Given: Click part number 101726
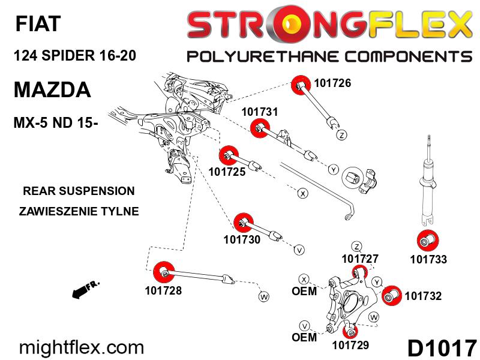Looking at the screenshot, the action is point(332,83).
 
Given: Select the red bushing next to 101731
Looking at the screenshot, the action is point(260,129).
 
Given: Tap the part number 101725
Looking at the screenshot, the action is point(227,172).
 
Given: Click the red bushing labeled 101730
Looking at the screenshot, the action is point(244,223).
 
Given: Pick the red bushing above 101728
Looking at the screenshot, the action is point(163,272).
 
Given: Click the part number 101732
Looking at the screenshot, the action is point(423,296).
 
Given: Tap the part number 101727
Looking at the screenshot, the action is point(360,259).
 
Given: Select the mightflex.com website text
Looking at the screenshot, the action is point(82,348).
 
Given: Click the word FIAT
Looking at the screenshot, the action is point(38,23).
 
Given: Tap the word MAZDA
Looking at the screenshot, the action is point(52,89).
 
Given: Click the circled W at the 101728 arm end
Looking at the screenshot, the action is point(264,296).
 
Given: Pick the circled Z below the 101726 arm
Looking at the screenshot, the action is point(342,135).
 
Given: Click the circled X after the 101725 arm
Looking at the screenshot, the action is point(303,193).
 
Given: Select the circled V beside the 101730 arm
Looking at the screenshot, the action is point(299,250).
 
